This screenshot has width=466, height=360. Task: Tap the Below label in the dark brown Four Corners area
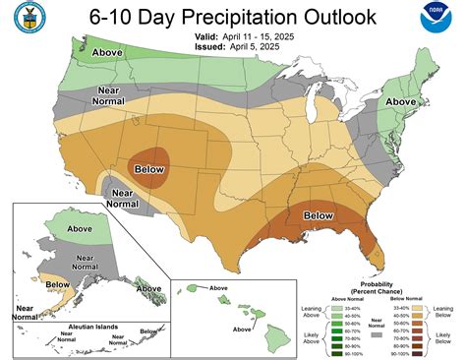click(x=148, y=168)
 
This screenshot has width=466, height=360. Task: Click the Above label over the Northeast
click(x=400, y=101)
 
